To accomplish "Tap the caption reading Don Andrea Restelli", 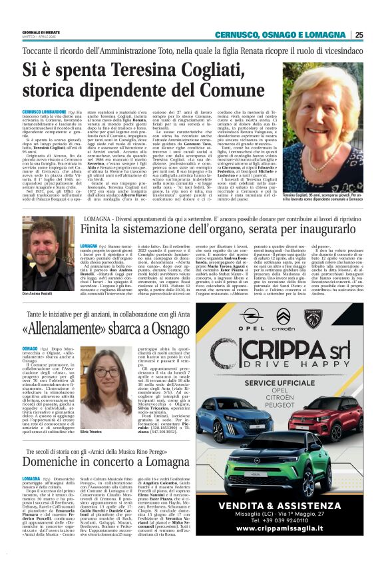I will click(37, 275).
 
